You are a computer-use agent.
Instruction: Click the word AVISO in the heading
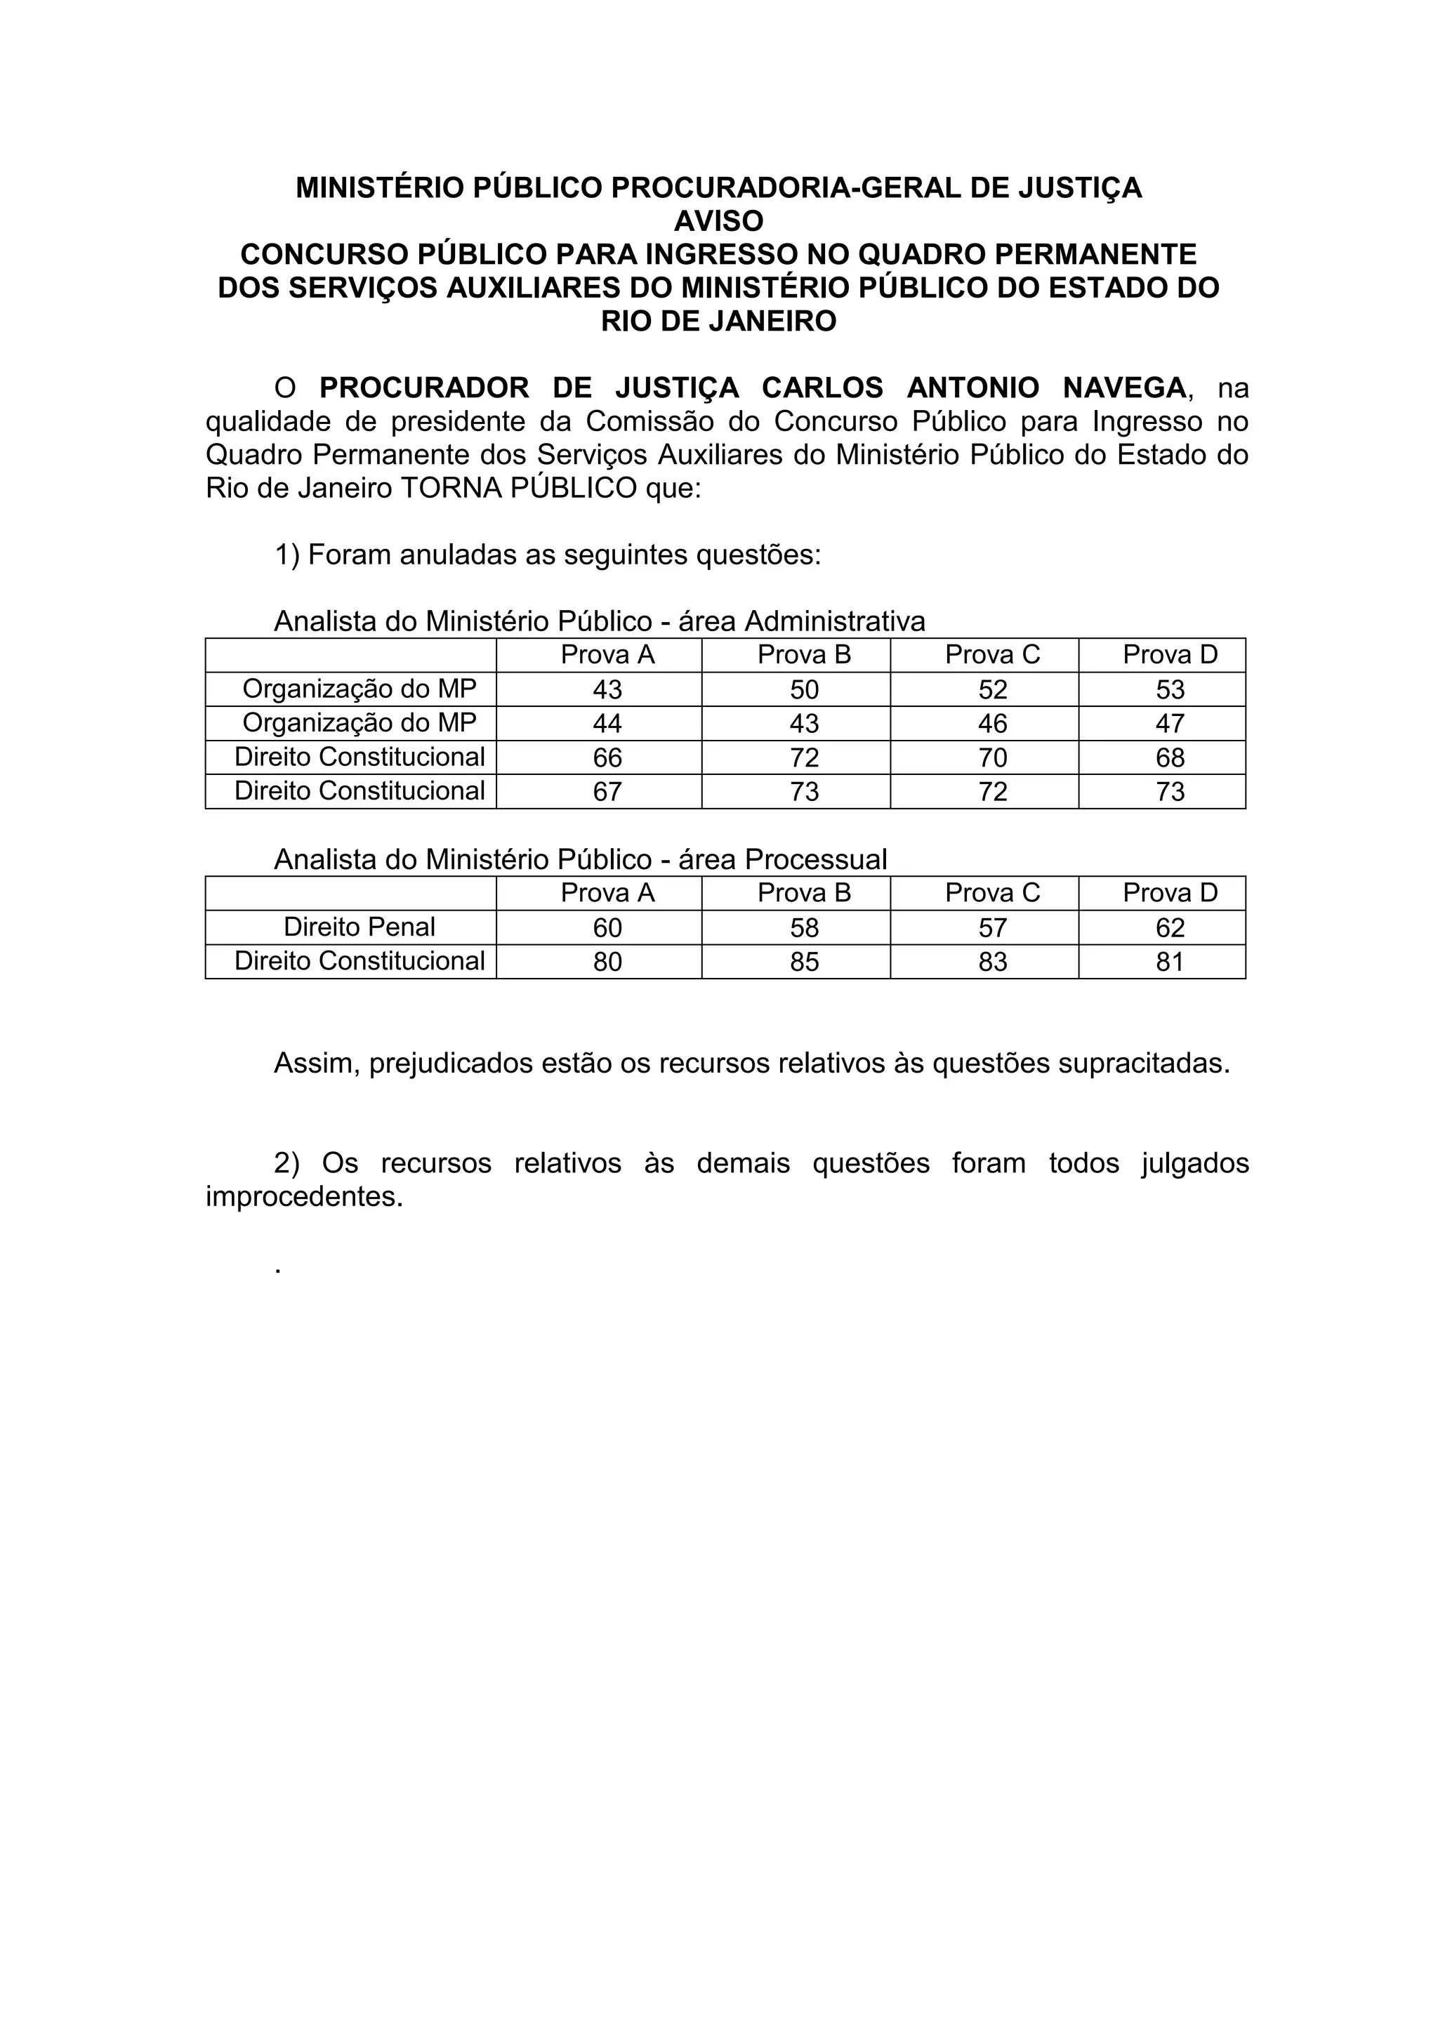coord(718,220)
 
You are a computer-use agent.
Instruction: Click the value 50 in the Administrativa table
coord(804,690)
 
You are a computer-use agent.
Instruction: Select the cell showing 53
coord(1170,690)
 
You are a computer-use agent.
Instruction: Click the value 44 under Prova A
coord(607,724)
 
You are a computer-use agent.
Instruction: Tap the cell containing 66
coord(607,758)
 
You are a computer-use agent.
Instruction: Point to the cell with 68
coord(1170,758)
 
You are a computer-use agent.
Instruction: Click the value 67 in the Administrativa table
coord(607,792)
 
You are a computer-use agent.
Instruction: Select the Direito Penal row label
coord(359,927)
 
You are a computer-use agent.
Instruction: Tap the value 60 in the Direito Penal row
coord(607,928)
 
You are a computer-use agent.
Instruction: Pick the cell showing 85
coord(804,962)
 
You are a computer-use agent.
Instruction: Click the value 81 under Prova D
coord(1170,962)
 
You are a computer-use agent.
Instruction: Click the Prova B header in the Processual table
coord(804,892)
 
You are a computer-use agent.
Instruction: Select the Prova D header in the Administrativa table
coord(1170,655)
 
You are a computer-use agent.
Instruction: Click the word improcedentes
coord(304,1196)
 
